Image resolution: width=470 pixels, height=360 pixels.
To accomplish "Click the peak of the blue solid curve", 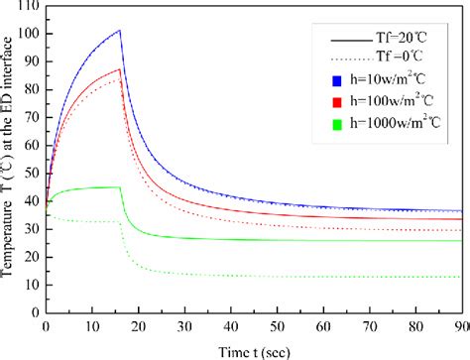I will click(120, 31).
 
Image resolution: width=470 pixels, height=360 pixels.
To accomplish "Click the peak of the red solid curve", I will click(120, 68).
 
